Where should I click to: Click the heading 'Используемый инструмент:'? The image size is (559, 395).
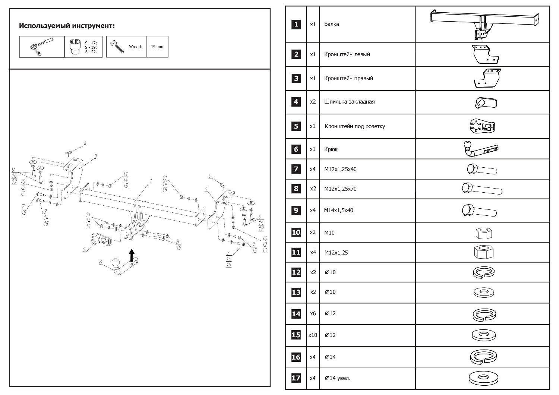[67, 26]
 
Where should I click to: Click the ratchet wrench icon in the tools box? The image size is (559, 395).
[41, 47]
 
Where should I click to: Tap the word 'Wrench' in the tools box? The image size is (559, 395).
[136, 47]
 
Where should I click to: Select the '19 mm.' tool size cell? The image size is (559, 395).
[157, 47]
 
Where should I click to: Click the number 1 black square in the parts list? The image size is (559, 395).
[296, 25]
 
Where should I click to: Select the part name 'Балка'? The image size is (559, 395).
[332, 25]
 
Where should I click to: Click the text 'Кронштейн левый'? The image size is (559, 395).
[347, 54]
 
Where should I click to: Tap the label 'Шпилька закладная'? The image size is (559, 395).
[349, 102]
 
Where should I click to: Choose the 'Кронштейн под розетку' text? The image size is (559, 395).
[355, 126]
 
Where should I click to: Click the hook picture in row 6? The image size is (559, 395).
[481, 149]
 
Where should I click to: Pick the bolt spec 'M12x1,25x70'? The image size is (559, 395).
[340, 189]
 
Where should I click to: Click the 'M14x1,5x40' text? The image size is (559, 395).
[338, 210]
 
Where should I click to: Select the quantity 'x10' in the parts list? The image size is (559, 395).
[313, 335]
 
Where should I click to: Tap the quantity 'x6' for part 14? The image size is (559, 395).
[313, 313]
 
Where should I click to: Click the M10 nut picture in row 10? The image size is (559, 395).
[484, 233]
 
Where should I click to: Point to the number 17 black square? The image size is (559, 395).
[296, 378]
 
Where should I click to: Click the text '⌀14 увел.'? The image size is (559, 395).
[337, 378]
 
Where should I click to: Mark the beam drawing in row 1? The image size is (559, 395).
[484, 23]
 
